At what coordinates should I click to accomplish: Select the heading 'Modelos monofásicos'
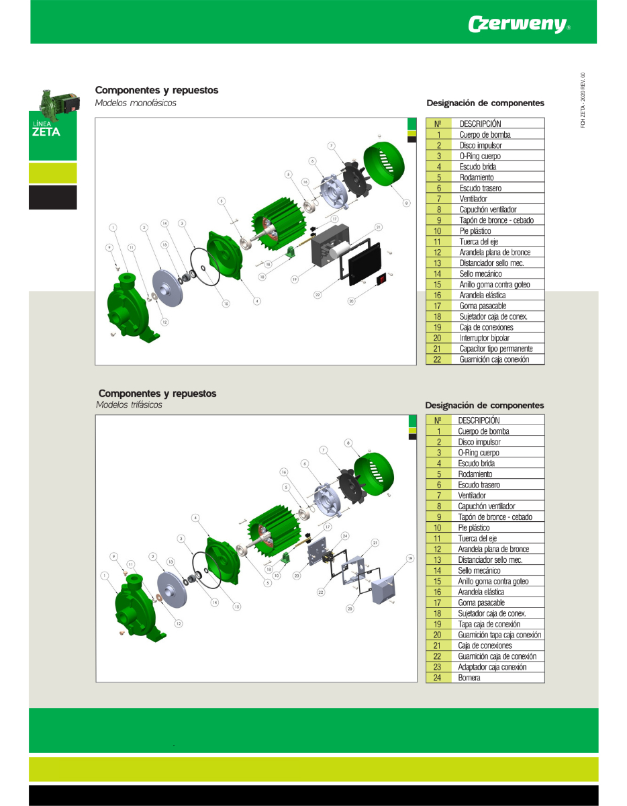[136, 103]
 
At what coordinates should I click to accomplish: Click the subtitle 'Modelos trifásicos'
[129, 405]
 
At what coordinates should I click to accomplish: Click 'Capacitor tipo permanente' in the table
[496, 349]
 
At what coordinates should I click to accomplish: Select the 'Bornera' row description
[469, 678]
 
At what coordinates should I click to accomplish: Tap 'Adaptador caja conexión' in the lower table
[492, 667]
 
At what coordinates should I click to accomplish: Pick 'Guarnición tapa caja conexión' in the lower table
[499, 635]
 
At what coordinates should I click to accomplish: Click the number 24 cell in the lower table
[438, 678]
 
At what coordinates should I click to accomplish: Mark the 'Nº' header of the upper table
[438, 124]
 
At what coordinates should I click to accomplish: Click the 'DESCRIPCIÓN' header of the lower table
[479, 420]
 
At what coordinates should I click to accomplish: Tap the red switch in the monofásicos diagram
[382, 278]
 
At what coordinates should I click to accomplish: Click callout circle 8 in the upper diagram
[406, 202]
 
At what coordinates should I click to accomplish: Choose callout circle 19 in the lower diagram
[409, 558]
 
